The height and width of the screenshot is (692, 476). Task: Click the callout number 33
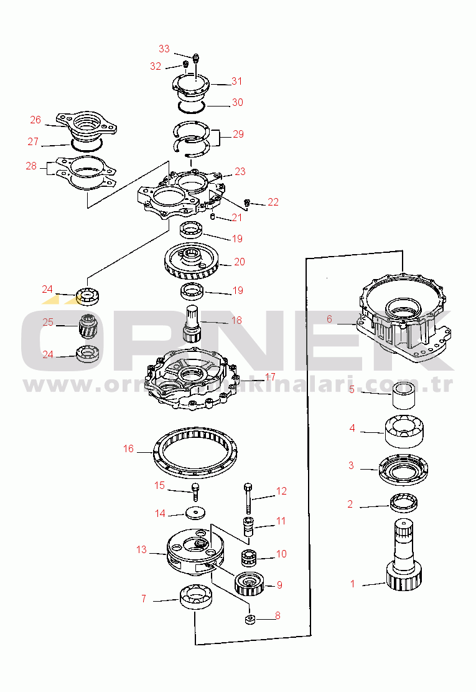pos(164,49)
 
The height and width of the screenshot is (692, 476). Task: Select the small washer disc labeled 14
pos(195,513)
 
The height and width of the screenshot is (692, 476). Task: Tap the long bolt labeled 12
pos(248,498)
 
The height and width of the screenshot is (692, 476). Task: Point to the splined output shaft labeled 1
pos(404,555)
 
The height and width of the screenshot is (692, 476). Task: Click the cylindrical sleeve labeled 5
pos(403,396)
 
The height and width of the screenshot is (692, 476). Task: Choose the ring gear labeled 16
pos(195,452)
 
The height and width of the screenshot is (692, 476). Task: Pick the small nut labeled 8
pos(250,619)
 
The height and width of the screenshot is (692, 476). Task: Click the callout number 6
pos(329,319)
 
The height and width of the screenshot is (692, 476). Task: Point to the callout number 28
pos(31,166)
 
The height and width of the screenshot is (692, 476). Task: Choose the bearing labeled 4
pos(404,432)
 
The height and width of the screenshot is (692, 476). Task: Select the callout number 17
pos(270,377)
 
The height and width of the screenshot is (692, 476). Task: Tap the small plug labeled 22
pos(247,203)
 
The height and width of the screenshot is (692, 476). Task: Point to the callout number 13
pos(141,549)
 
